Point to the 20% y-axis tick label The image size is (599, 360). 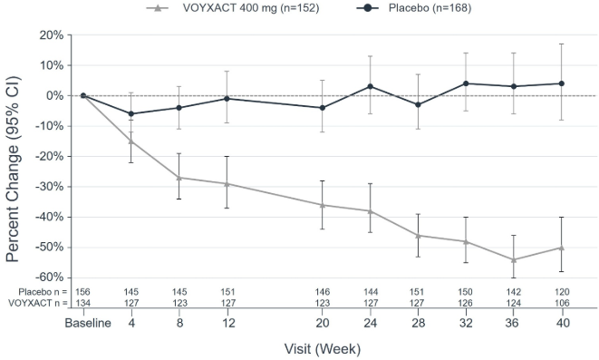coord(50,34)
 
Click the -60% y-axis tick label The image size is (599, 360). coord(48,277)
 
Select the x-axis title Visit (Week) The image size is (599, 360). coord(322,348)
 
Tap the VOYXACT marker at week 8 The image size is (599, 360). coord(179,178)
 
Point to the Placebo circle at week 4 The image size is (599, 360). coord(130,113)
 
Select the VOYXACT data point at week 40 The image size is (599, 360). coord(562,248)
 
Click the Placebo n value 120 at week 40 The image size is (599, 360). coord(562,292)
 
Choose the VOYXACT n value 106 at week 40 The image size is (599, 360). coord(562,303)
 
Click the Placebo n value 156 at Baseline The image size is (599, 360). coord(82,292)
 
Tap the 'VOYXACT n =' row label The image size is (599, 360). coord(35,303)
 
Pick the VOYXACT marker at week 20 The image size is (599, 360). coord(322,205)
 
